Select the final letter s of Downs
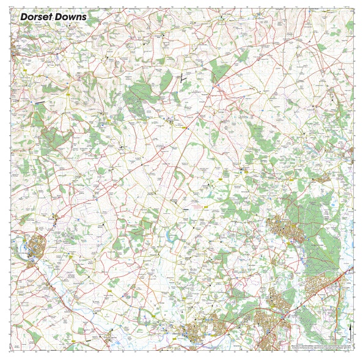pyautogui.click(x=84, y=18)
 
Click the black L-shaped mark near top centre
pyautogui.click(x=182, y=78)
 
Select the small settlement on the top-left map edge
pyautogui.click(x=13, y=56)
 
